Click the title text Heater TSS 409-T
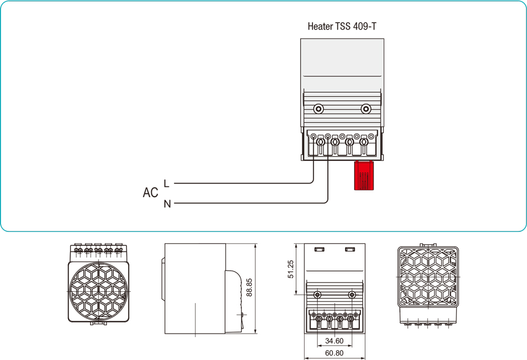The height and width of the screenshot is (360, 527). pos(342,26)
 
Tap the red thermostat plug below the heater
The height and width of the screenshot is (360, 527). pos(364,175)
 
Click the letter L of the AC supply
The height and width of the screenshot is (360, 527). pos(167,183)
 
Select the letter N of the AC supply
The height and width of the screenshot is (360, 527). pos(168,203)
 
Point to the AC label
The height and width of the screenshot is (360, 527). pos(150,192)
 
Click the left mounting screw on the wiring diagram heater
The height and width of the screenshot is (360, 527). pos(318,109)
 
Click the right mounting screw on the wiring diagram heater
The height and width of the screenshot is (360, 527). pos(366,109)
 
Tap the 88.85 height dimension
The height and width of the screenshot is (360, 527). pos(249,287)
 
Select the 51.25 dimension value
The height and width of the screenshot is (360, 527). pos(290,269)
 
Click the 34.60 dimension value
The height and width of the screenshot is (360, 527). pos(335,341)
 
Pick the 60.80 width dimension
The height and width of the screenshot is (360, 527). pos(335,353)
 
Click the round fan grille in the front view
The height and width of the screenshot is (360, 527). pos(98,291)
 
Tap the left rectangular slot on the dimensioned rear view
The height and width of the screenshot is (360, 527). pos(319,249)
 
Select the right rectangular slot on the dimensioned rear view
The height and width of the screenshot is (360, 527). pos(350,249)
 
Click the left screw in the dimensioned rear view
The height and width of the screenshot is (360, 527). pos(317,295)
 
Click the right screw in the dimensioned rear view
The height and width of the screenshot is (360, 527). pos(352,295)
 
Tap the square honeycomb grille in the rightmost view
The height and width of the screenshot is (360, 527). pos(428,277)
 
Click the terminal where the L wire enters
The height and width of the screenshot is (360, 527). pos(320,142)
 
